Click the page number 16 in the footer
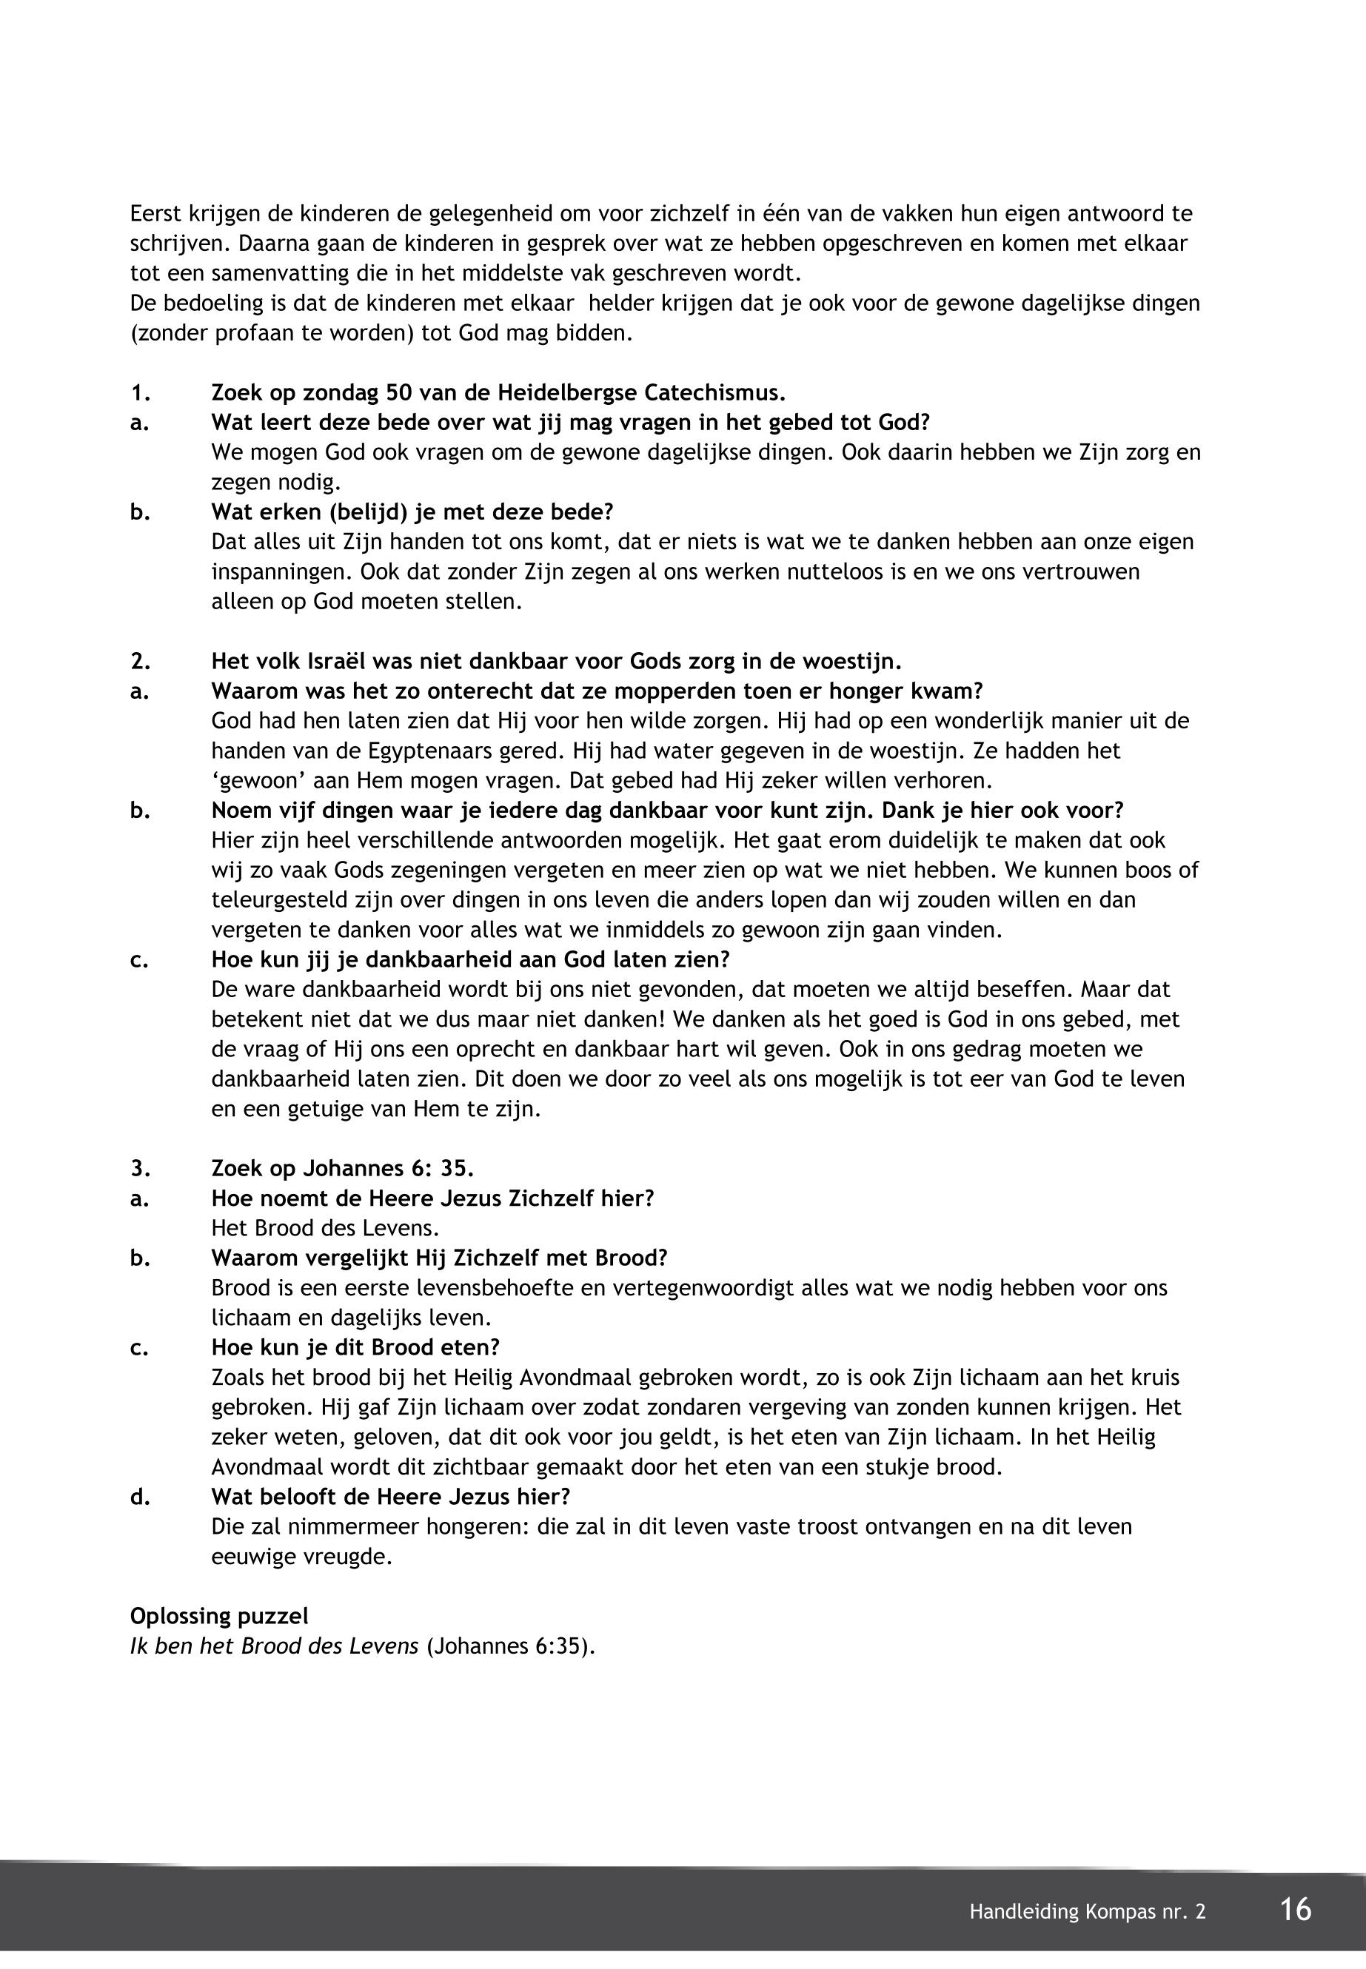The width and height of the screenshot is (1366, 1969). pyautogui.click(x=1296, y=1909)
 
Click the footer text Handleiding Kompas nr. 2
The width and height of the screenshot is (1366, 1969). pyautogui.click(x=1087, y=1912)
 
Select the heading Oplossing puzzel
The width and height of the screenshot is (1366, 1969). pyautogui.click(x=219, y=1616)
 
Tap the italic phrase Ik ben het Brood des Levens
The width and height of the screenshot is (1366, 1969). pyautogui.click(x=274, y=1646)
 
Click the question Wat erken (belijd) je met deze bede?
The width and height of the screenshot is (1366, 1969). pyautogui.click(x=412, y=511)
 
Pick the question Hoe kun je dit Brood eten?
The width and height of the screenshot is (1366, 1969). pyautogui.click(x=355, y=1347)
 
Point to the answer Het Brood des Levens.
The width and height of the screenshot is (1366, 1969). pyautogui.click(x=324, y=1228)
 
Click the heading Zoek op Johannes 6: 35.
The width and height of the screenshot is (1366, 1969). pyautogui.click(x=342, y=1168)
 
